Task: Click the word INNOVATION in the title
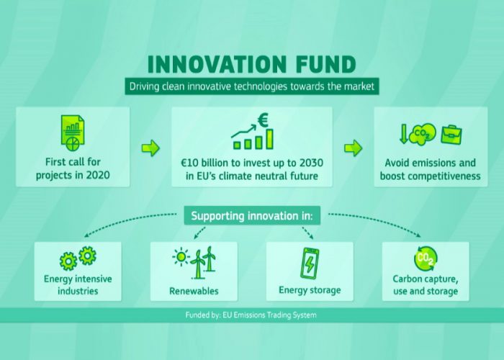pyautogui.click(x=217, y=64)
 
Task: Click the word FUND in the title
pyautogui.click(x=325, y=64)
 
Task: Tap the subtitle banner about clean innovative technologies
pyautogui.click(x=252, y=86)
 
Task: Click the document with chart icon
pyautogui.click(x=73, y=133)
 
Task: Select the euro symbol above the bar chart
pyautogui.click(x=263, y=120)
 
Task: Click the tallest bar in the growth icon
pyautogui.click(x=269, y=139)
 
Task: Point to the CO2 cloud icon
pyautogui.click(x=423, y=135)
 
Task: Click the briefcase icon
pyautogui.click(x=451, y=135)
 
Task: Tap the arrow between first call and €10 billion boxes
pyautogui.click(x=150, y=148)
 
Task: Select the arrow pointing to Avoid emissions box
pyautogui.click(x=354, y=148)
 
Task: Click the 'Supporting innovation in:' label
pyautogui.click(x=252, y=216)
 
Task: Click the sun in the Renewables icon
pyautogui.click(x=181, y=257)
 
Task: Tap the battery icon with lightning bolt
pyautogui.click(x=309, y=264)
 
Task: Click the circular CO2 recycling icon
pyautogui.click(x=426, y=258)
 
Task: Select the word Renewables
pyautogui.click(x=194, y=291)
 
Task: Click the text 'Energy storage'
pyautogui.click(x=310, y=290)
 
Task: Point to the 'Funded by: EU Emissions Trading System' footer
pyautogui.click(x=251, y=315)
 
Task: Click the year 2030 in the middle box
pyautogui.click(x=311, y=163)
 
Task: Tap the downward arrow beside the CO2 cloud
pyautogui.click(x=403, y=134)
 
